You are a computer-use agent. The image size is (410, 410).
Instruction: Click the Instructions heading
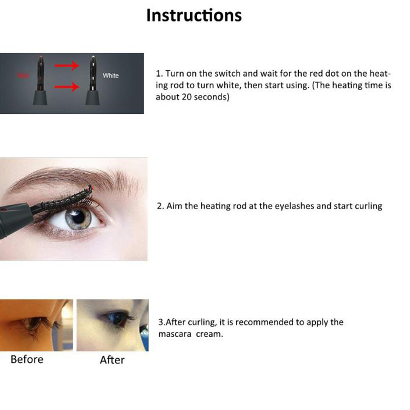click(x=194, y=15)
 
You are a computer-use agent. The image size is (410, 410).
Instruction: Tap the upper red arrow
click(x=67, y=66)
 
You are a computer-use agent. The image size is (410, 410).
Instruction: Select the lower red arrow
click(x=67, y=86)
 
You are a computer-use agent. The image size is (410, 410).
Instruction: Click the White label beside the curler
click(x=111, y=75)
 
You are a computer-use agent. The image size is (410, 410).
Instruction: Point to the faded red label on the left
click(x=23, y=75)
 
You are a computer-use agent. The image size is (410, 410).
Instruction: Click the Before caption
click(x=27, y=360)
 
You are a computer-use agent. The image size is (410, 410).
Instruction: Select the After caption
click(x=112, y=360)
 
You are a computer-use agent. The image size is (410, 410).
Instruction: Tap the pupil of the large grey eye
click(x=78, y=217)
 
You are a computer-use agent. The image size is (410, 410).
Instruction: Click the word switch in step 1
click(x=228, y=74)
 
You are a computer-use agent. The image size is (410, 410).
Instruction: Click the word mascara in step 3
click(x=175, y=334)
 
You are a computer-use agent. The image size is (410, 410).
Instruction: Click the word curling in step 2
click(x=368, y=207)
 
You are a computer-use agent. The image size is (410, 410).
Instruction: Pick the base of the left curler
click(x=40, y=97)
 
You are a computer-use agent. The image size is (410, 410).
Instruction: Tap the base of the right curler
click(x=93, y=97)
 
